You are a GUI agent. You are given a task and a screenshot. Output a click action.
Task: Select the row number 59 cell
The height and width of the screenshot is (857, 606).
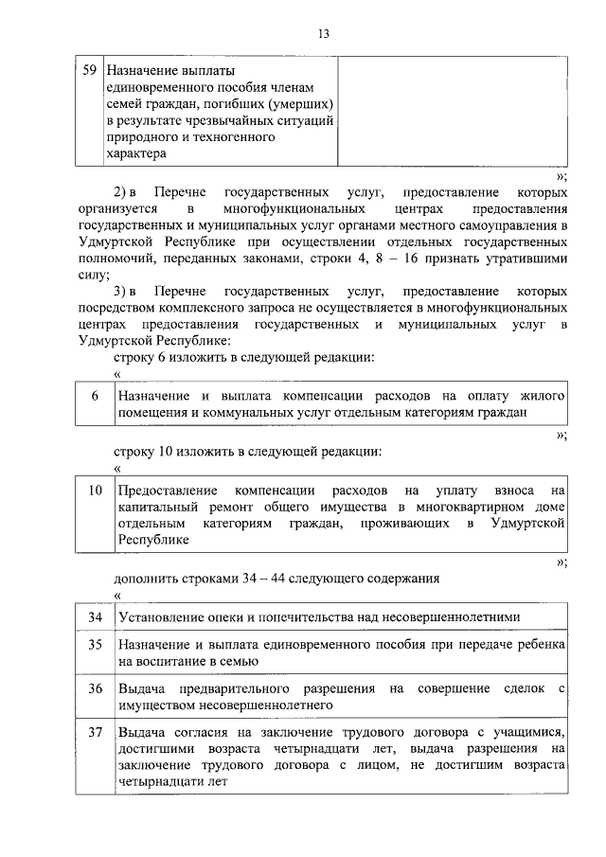tap(90, 69)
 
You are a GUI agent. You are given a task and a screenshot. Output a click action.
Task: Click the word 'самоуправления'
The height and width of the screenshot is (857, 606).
tap(510, 225)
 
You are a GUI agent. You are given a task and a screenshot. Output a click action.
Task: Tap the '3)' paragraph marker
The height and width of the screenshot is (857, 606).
tap(120, 292)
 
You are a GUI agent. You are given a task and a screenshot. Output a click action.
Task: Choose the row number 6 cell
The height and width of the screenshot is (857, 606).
tap(95, 395)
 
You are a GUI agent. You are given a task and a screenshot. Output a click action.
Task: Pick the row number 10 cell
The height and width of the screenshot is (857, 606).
tap(95, 491)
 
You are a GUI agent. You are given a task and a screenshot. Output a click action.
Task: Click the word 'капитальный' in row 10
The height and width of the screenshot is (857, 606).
tap(156, 508)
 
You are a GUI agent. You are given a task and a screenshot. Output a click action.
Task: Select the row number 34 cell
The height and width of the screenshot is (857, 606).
tap(95, 617)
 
